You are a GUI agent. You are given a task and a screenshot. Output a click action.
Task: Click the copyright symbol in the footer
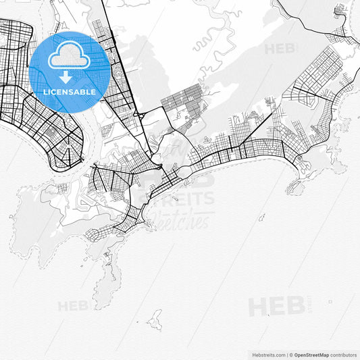point(290,355)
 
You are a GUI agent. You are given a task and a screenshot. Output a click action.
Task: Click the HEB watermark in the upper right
point(279,49)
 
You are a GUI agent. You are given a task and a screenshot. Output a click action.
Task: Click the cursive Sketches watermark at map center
point(182,219)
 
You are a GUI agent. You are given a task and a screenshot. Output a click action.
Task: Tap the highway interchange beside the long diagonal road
point(140,115)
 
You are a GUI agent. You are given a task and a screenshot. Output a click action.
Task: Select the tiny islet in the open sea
point(261,217)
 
